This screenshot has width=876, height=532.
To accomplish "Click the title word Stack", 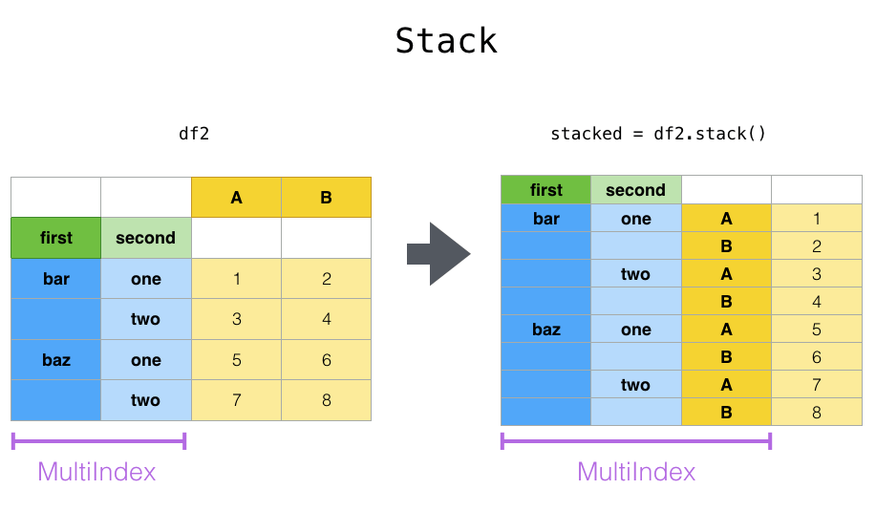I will (x=446, y=41).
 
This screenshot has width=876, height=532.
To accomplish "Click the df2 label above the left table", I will (x=194, y=134).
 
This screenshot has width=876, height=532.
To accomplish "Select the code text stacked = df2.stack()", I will (x=658, y=134).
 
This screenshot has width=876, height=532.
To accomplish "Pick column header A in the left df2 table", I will (x=236, y=198).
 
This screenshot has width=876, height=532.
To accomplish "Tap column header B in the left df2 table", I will (x=326, y=198).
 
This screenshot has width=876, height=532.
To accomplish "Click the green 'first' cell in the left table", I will (x=55, y=238).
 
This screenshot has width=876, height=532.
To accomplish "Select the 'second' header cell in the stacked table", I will (x=635, y=190).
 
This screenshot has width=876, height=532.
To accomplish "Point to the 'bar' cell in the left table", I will (x=55, y=279).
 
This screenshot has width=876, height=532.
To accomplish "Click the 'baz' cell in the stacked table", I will (x=545, y=330).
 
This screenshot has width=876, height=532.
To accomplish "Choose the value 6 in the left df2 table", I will (x=326, y=360).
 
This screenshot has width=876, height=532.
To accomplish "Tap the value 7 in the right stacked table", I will (x=816, y=385).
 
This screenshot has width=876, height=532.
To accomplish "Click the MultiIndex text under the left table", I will (x=96, y=472).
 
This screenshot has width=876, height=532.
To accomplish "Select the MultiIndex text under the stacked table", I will (x=636, y=472).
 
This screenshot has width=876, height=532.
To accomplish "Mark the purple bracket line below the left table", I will (x=97, y=441).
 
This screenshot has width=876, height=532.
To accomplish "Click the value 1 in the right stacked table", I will (x=816, y=219).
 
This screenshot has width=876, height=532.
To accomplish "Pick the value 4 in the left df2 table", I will (x=326, y=319).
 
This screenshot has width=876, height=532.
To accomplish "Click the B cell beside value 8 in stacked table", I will (x=726, y=413).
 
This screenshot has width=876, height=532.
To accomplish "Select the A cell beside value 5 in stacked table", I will (x=726, y=330).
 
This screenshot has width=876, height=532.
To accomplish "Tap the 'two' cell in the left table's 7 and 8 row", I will (x=145, y=400).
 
